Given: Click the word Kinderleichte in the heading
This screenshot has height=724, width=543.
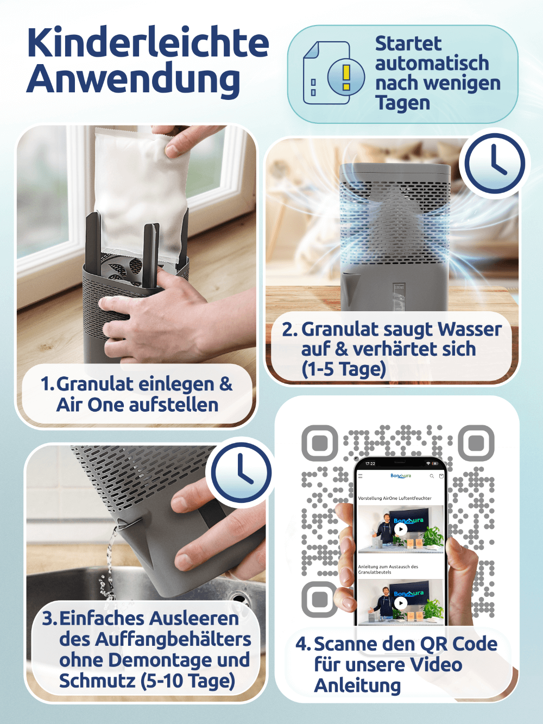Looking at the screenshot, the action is (148, 43).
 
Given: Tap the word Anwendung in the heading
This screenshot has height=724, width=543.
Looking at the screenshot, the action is (133, 80).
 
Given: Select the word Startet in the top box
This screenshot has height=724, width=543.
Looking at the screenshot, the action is (408, 43).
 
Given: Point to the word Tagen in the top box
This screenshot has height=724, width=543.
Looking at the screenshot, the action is (402, 103).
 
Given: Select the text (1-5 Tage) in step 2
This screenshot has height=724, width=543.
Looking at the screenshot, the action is (343, 369).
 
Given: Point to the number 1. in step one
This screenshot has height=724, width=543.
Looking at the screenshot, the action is (47, 384).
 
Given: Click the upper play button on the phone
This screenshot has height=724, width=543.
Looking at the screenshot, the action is (401, 529).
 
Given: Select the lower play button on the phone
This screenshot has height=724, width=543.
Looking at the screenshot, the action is (401, 603).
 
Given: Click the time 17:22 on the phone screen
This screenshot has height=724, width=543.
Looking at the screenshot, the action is (370, 463).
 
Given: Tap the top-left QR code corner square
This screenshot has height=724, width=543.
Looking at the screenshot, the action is (319, 443).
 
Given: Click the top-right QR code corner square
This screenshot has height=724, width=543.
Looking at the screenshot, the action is (476, 443).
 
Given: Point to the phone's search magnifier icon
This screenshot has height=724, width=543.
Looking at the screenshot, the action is (432, 476).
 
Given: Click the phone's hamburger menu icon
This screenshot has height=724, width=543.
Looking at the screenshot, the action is (361, 476).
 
